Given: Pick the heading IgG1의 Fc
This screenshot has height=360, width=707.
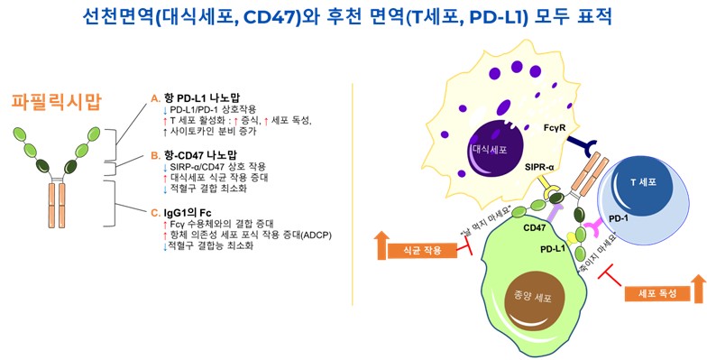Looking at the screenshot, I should (186, 211).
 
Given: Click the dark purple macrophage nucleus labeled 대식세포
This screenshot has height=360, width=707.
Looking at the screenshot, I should (489, 147).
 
